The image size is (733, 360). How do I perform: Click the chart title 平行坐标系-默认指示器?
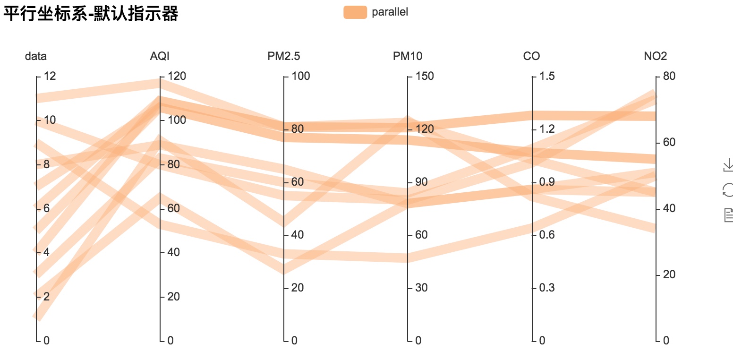[91, 14]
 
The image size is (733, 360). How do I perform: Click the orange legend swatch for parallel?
[355, 12]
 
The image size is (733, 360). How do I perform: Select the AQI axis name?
[160, 57]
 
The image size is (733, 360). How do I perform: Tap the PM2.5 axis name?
[283, 57]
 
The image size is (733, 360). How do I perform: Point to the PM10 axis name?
[408, 57]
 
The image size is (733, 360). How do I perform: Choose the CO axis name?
[531, 57]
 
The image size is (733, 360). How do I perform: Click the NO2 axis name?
[656, 57]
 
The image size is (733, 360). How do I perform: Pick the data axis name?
[36, 57]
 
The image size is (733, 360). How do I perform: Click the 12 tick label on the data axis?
[50, 76]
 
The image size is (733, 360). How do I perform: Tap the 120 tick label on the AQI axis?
[176, 76]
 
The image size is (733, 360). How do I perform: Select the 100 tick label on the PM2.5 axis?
[300, 76]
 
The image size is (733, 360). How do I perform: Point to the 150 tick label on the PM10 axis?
[424, 76]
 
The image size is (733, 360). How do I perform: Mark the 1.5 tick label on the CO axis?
[547, 76]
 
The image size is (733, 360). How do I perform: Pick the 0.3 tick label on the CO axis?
[547, 288]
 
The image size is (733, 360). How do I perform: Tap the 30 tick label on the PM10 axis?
[421, 288]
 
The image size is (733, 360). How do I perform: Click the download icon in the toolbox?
[728, 165]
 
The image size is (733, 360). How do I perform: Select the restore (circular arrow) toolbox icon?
[728, 190]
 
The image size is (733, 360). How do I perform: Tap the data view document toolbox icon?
[728, 215]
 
